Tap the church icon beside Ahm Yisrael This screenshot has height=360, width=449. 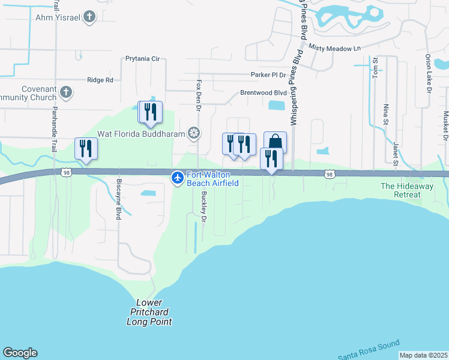89,17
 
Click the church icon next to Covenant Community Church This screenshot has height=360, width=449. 66,92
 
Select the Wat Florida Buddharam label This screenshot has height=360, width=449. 142,133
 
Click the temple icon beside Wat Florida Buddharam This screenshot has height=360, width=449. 194,133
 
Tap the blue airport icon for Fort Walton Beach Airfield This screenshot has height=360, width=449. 178,178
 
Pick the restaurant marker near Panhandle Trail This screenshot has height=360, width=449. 86,149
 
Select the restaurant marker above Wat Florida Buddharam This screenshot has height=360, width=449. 149,112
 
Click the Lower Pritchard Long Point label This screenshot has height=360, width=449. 149,312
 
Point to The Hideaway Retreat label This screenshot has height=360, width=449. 406,190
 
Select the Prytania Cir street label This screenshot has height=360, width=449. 142,59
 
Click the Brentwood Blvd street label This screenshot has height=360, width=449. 264,93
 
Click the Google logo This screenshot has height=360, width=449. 20,353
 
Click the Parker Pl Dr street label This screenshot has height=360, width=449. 268,75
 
